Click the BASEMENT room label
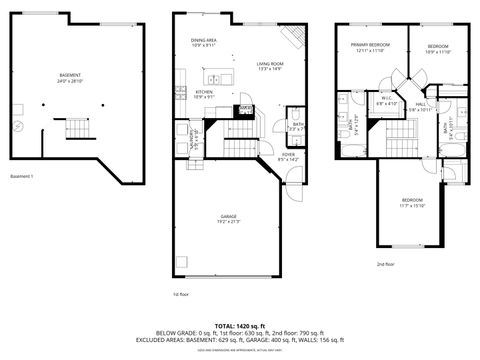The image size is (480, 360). click(x=70, y=76)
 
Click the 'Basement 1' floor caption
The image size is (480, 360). click(x=22, y=177)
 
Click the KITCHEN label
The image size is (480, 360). click(x=204, y=93)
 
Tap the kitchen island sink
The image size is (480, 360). click(x=213, y=78)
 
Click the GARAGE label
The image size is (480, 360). click(x=229, y=217)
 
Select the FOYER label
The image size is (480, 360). click(x=287, y=155)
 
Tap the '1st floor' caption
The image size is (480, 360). click(x=181, y=295)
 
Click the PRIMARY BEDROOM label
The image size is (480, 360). click(x=370, y=46)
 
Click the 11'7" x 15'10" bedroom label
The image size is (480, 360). click(x=412, y=203)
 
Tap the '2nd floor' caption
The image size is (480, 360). click(x=385, y=265)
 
